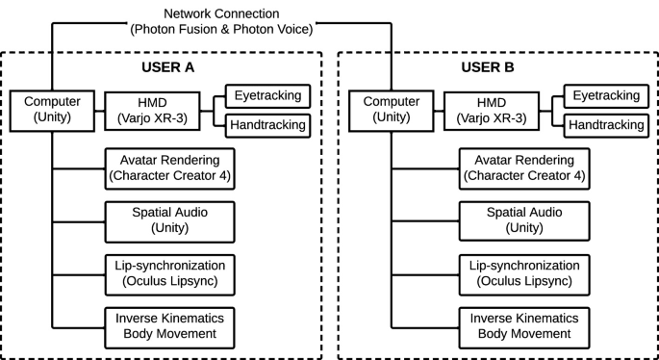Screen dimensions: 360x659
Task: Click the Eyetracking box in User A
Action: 266,95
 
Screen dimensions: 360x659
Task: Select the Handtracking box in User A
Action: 266,125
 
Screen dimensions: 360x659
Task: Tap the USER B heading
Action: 488,69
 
